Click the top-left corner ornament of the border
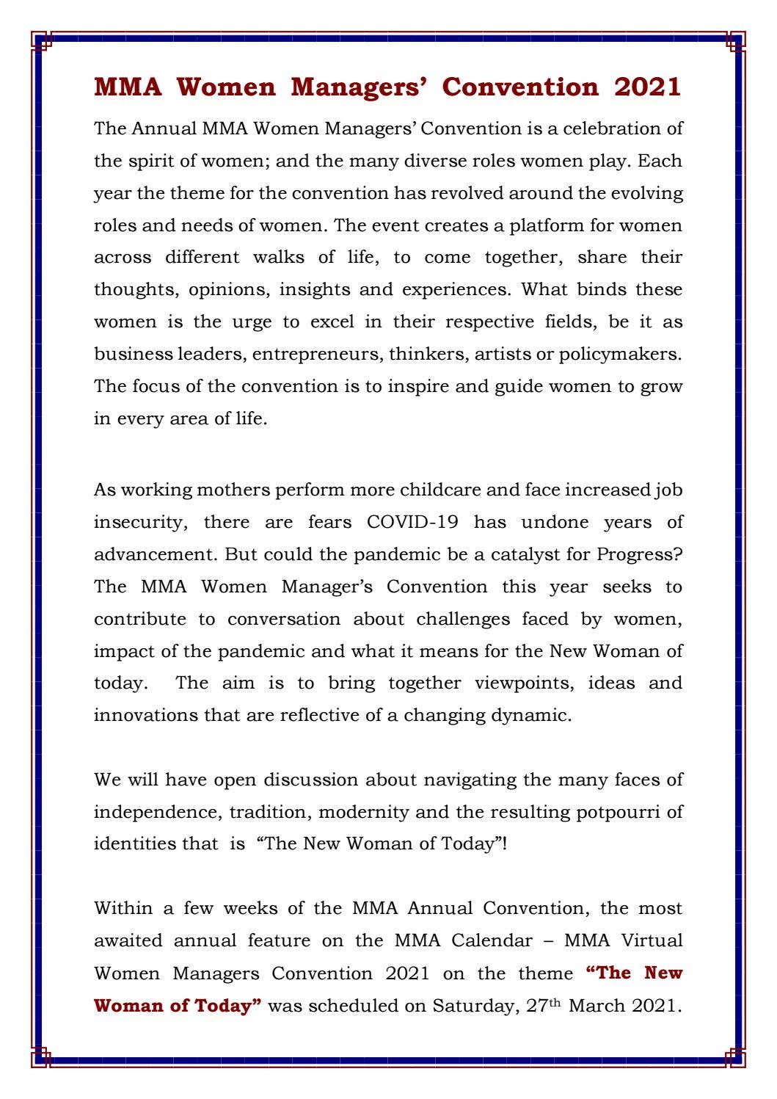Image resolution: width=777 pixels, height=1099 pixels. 41,40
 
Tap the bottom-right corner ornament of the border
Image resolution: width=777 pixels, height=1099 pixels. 735,1059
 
